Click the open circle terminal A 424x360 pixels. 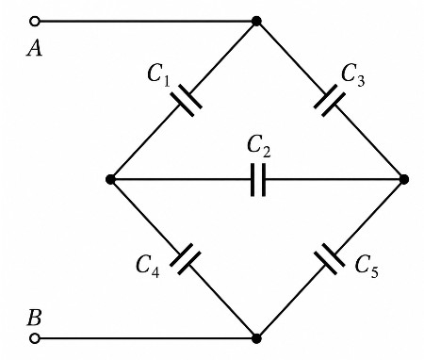click(x=35, y=22)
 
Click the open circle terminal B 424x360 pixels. click(x=35, y=338)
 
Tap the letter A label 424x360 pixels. click(x=34, y=49)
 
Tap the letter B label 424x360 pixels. click(x=34, y=318)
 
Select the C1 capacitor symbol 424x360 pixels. click(x=186, y=100)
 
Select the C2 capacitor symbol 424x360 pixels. click(x=258, y=180)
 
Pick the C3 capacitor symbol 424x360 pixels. click(x=329, y=100)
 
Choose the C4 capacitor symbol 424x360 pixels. click(x=186, y=259)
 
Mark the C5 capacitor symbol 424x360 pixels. click(x=330, y=259)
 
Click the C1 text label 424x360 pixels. click(x=158, y=76)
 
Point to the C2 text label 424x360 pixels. click(x=258, y=146)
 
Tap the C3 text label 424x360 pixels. click(x=353, y=75)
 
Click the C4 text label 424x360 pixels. click(x=147, y=267)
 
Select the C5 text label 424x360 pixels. click(x=367, y=267)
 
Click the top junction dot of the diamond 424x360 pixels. click(x=256, y=22)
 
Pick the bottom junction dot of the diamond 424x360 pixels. click(x=256, y=338)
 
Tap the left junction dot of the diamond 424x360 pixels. click(x=110, y=179)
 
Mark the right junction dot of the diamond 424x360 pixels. click(x=404, y=179)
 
